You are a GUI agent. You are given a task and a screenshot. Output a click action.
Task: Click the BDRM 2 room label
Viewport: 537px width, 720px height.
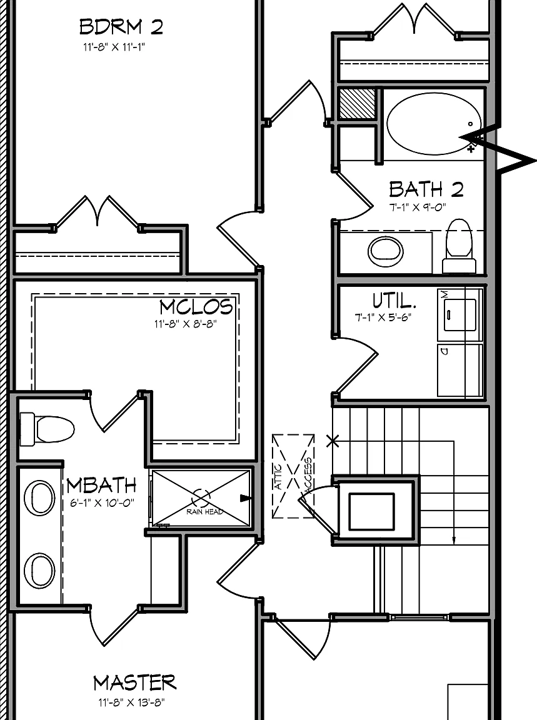121,27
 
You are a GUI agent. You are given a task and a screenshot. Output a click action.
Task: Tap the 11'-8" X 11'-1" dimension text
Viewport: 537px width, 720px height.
114,47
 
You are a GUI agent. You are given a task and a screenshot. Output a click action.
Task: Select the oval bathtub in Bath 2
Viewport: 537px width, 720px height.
434,124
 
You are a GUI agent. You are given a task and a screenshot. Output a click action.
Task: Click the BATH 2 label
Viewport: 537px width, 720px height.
426,189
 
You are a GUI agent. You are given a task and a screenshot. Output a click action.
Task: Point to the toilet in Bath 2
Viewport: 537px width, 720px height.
459,246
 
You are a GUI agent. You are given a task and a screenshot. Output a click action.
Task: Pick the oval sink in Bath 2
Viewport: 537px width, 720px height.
386,251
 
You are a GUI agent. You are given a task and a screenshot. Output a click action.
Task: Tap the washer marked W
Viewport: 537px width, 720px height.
460,314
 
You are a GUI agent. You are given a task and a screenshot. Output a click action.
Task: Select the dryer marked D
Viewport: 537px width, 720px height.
460,369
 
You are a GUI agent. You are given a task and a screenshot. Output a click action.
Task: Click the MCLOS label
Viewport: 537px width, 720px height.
196,307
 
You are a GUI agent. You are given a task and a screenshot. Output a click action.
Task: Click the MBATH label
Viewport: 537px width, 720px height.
101,486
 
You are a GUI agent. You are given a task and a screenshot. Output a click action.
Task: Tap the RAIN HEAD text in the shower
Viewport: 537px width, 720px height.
205,511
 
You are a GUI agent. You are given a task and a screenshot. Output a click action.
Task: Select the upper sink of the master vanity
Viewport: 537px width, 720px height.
39,497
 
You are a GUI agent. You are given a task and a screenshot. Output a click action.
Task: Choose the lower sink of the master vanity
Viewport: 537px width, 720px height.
39,570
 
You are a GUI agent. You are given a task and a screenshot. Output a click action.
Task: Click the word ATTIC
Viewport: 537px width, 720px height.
279,477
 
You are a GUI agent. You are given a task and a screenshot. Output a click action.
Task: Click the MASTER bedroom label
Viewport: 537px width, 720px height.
135,682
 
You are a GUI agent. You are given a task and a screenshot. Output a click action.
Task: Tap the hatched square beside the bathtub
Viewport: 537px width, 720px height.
357,104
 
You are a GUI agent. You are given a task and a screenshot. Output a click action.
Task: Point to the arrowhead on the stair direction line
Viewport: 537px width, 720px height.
454,541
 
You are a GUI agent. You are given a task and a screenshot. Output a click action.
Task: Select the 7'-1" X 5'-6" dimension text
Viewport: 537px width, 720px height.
382,317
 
